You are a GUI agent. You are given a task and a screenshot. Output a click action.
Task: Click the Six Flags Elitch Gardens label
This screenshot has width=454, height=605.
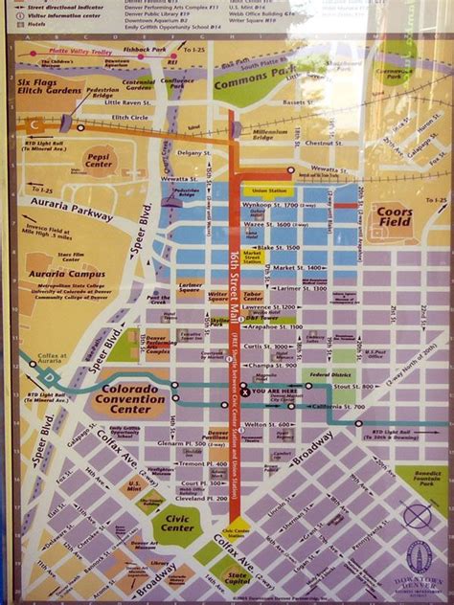pos(50,88)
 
